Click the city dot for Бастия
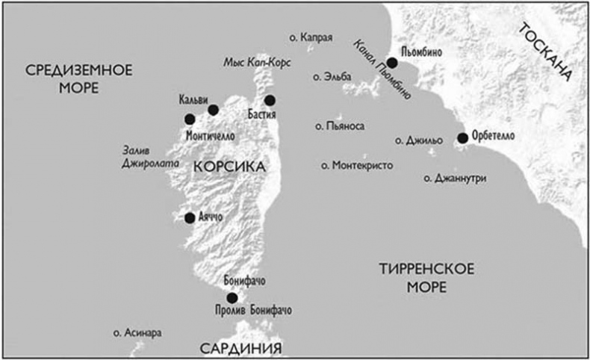[x=270, y=100]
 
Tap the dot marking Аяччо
[x=190, y=217]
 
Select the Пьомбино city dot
[x=392, y=63]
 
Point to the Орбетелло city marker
[x=463, y=137]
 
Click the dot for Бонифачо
[x=232, y=297]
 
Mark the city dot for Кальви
[x=213, y=110]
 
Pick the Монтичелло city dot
[x=190, y=119]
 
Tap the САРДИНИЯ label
[x=240, y=348]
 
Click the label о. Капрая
[x=309, y=37]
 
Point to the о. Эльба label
[x=333, y=76]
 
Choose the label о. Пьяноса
[x=340, y=127]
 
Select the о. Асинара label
[x=137, y=332]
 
